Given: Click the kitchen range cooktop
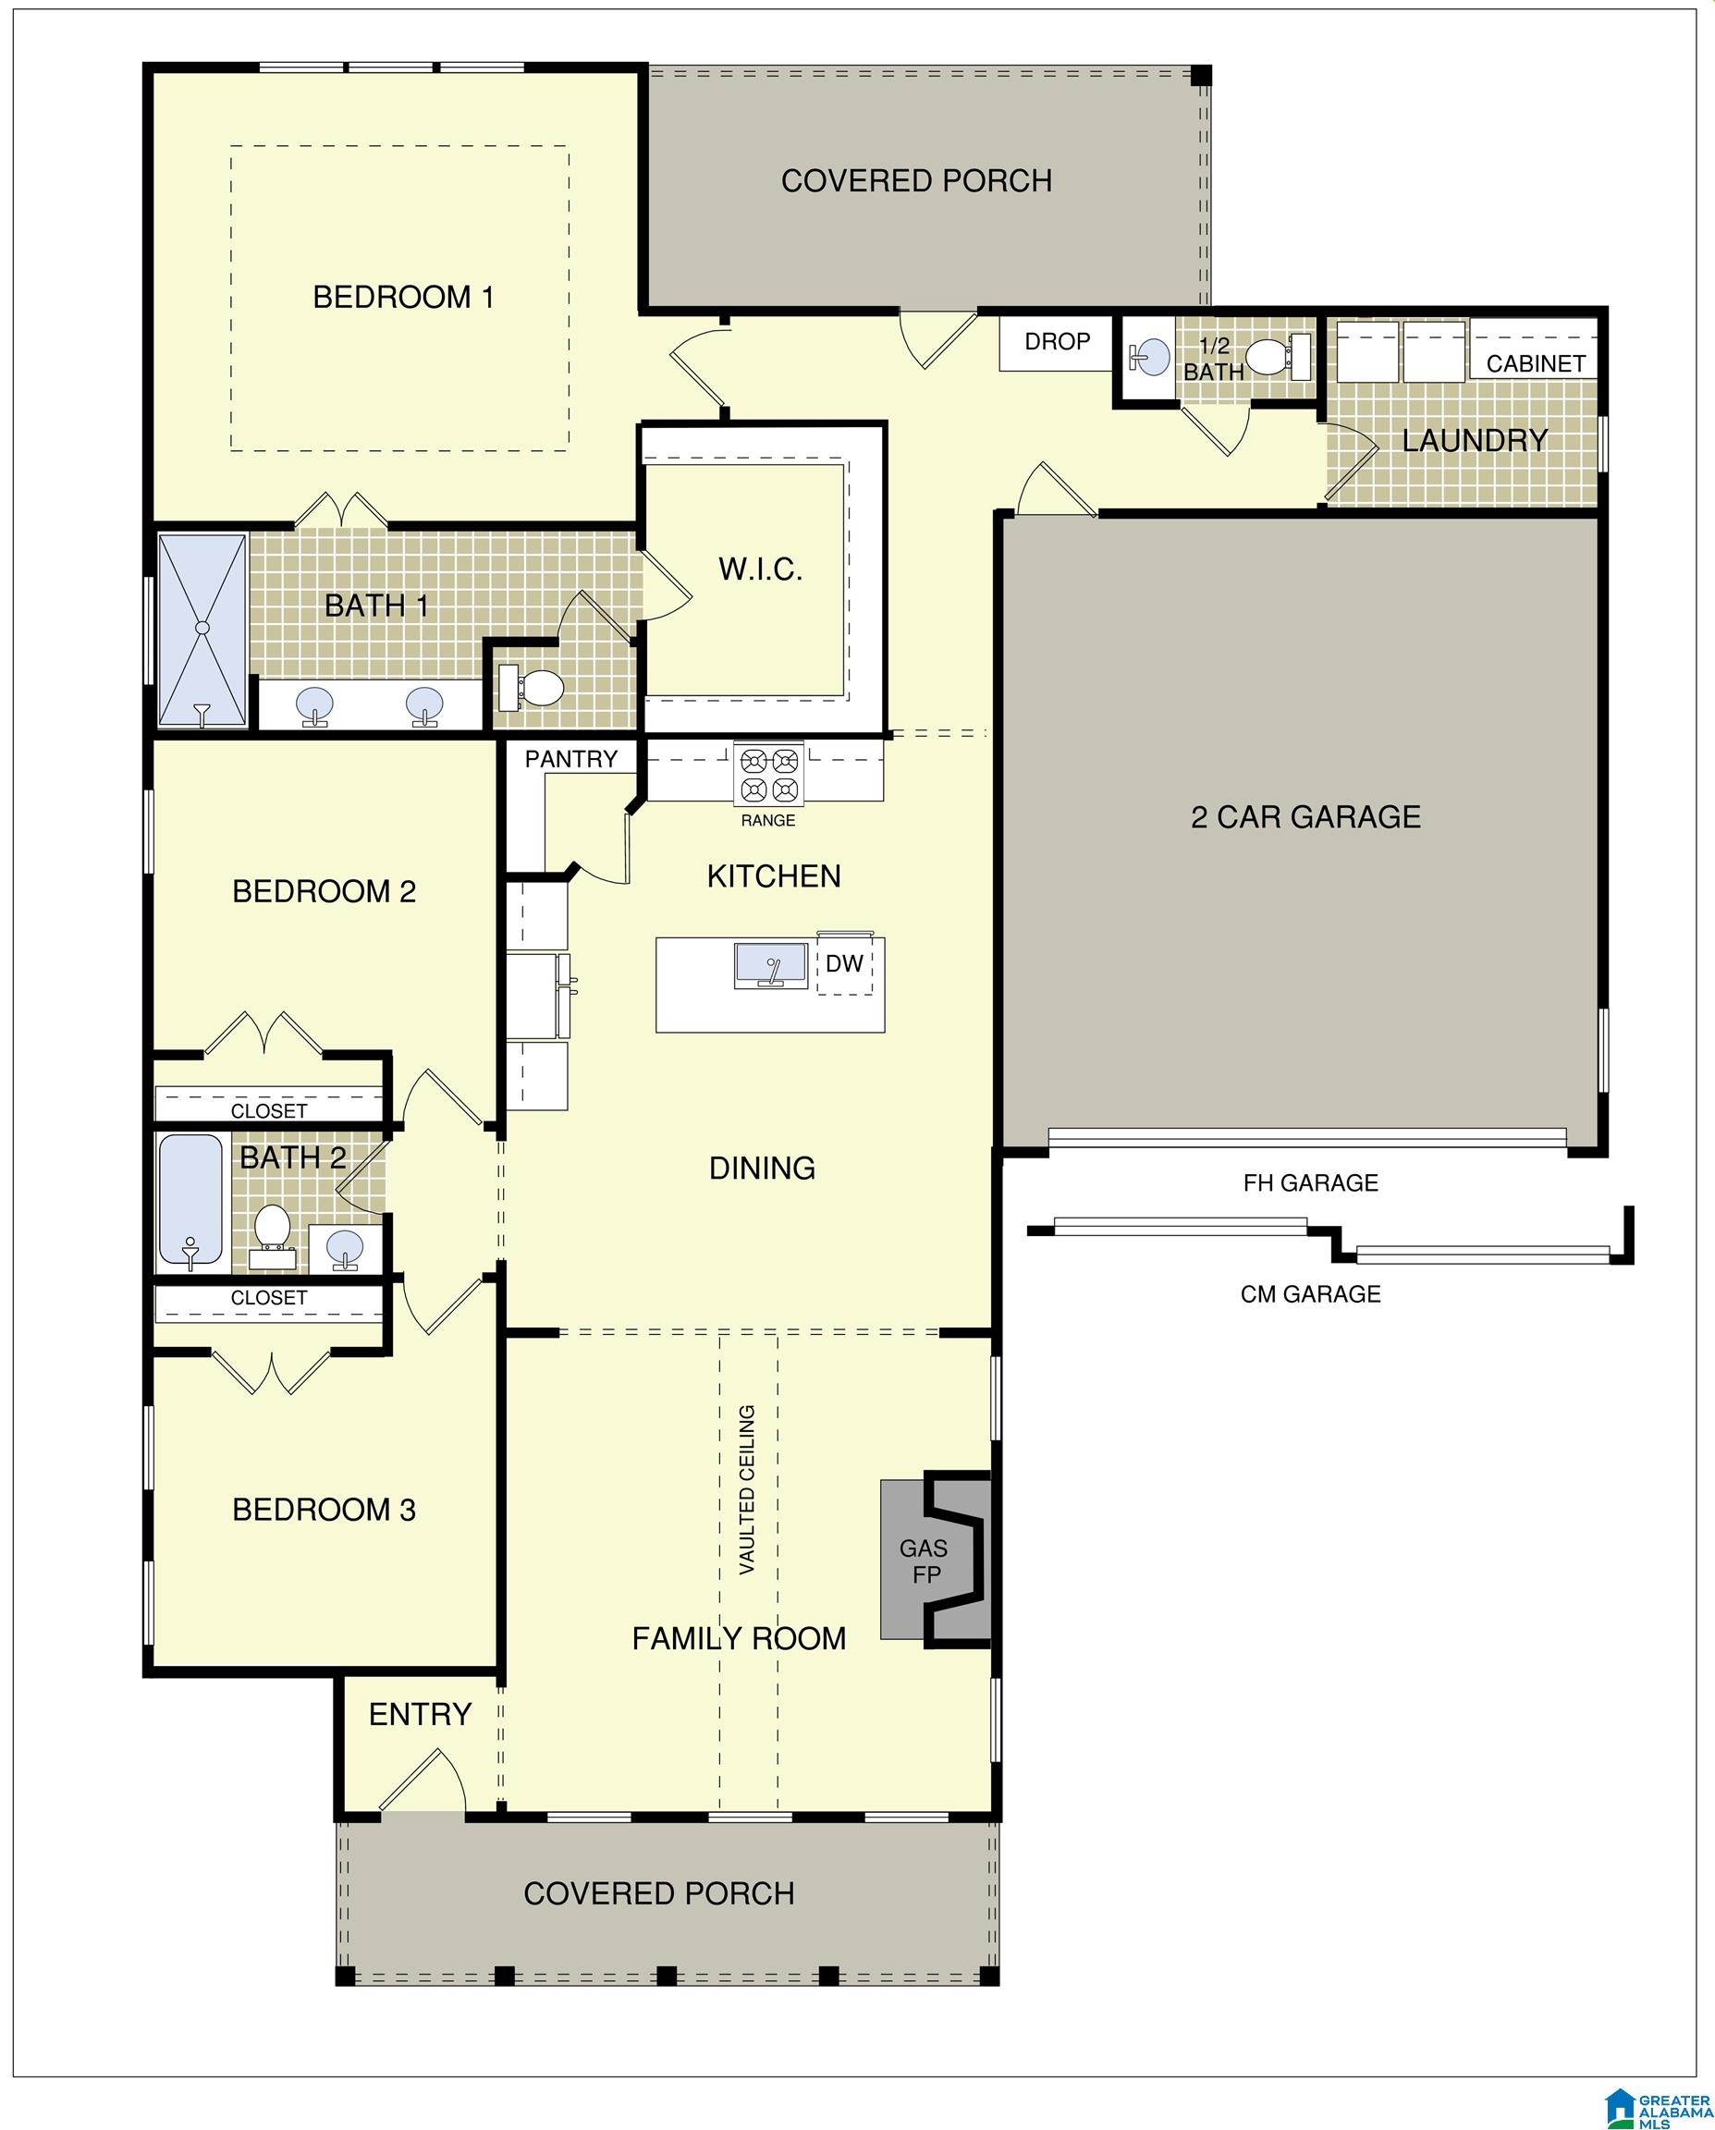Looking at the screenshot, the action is pyautogui.click(x=769, y=775).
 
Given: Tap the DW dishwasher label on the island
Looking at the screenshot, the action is pyautogui.click(x=845, y=962).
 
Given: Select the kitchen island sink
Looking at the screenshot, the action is pyautogui.click(x=772, y=965).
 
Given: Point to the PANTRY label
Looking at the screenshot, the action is pyautogui.click(x=571, y=759).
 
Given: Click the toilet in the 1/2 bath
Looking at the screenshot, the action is pyautogui.click(x=1278, y=357).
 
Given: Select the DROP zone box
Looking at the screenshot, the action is pyautogui.click(x=1056, y=342).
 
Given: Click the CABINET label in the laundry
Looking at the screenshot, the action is pyautogui.click(x=1536, y=363).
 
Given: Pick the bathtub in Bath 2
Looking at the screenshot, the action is pyautogui.click(x=190, y=1203).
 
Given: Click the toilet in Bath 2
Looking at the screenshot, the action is pyautogui.click(x=271, y=1235).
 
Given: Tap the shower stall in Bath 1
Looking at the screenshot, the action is pyautogui.click(x=202, y=631).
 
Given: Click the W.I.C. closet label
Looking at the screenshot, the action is pyautogui.click(x=761, y=569).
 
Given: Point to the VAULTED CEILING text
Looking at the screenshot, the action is pyautogui.click(x=747, y=1490).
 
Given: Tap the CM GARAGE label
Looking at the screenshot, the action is pyautogui.click(x=1310, y=1294).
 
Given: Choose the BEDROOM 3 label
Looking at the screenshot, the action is pyautogui.click(x=324, y=1510).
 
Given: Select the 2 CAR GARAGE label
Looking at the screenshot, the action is pyautogui.click(x=1306, y=817).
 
